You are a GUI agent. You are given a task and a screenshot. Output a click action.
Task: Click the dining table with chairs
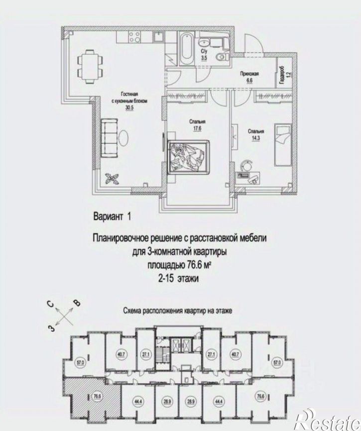90,66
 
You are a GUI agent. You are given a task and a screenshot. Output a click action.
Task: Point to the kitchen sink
159,37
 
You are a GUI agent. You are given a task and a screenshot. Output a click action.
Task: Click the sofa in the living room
110,138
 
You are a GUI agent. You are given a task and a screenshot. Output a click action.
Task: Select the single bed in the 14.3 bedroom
282,145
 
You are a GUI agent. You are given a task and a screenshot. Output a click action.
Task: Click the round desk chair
246,166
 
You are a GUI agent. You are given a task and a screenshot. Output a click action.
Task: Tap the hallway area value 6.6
249,80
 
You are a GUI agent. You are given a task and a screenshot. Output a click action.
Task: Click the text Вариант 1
112,217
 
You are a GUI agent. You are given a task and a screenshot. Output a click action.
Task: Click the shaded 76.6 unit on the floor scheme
93,396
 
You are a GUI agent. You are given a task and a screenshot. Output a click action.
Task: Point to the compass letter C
50,304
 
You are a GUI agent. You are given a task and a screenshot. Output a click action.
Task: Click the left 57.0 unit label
80,363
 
